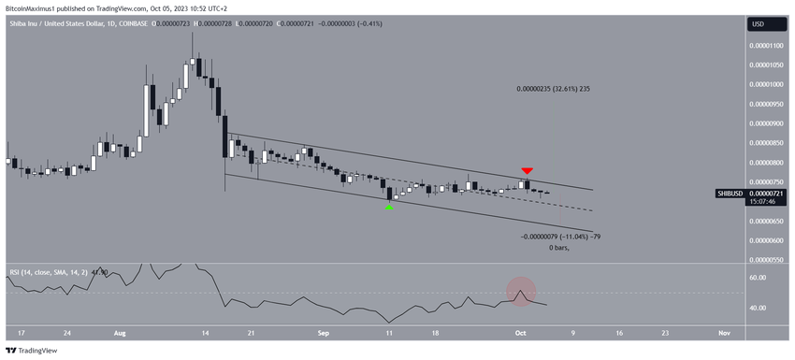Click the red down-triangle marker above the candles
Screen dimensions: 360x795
pos(528,170)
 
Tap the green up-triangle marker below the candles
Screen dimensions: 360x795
pos(389,207)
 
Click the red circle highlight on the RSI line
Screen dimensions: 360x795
pos(520,292)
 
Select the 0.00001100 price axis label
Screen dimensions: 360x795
pos(769,45)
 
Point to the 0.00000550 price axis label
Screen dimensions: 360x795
pos(769,240)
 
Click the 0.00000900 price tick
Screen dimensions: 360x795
pos(769,122)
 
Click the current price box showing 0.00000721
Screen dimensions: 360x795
pos(769,194)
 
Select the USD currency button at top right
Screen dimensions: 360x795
pos(758,24)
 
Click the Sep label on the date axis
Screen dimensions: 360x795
pos(323,332)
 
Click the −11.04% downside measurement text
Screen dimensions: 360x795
pos(558,237)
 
